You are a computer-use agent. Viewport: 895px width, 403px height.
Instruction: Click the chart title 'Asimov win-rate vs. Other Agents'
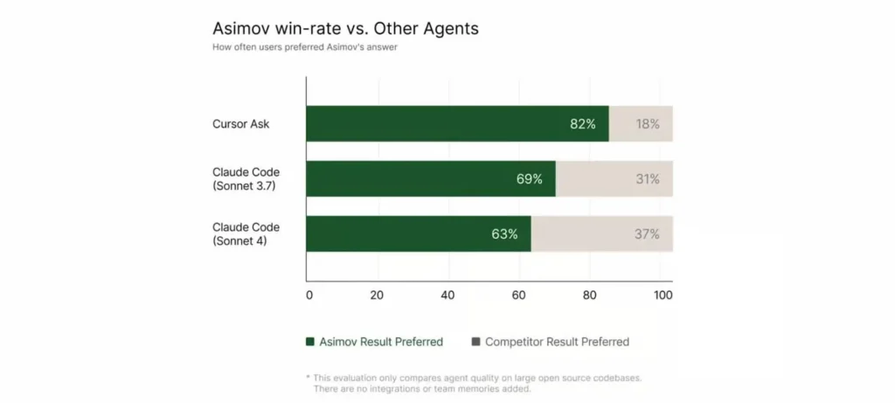click(345, 28)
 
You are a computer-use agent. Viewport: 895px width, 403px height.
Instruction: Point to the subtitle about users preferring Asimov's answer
click(306, 48)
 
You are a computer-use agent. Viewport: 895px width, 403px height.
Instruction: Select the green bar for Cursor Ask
click(437, 124)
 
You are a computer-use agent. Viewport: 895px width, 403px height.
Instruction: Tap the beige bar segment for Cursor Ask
click(641, 124)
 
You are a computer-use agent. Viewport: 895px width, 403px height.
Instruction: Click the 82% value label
click(582, 124)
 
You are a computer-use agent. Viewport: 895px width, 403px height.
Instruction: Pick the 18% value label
click(648, 124)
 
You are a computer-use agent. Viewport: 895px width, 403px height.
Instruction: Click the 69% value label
click(529, 179)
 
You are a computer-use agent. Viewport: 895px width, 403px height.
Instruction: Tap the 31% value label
click(648, 179)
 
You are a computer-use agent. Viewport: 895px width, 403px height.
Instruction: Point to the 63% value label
click(504, 234)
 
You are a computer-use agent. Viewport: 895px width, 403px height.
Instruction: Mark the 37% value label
click(648, 234)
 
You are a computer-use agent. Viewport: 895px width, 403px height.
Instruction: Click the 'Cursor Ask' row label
click(240, 124)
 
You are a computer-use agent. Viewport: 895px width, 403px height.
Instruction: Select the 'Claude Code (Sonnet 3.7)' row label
click(246, 179)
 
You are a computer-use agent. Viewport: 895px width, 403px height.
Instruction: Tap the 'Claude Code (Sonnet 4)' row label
click(246, 234)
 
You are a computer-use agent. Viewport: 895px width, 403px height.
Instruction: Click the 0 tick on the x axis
click(309, 295)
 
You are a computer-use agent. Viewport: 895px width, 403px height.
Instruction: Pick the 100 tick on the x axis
click(663, 295)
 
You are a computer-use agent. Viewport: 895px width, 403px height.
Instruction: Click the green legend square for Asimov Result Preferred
click(309, 342)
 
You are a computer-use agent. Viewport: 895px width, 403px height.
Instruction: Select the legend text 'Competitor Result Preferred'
click(557, 342)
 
